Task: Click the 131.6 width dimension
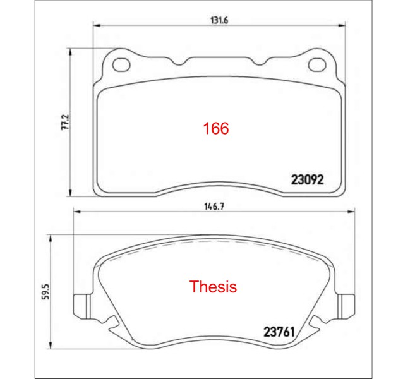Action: click(219, 20)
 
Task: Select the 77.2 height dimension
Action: click(65, 122)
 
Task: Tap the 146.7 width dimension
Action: click(214, 207)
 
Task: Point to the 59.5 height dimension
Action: click(45, 291)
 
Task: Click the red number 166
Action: click(216, 128)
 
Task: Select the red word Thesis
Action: click(213, 287)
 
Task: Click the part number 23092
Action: click(307, 180)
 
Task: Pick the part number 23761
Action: click(279, 332)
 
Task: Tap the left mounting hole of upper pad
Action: click(121, 64)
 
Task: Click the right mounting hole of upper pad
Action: click(318, 64)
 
